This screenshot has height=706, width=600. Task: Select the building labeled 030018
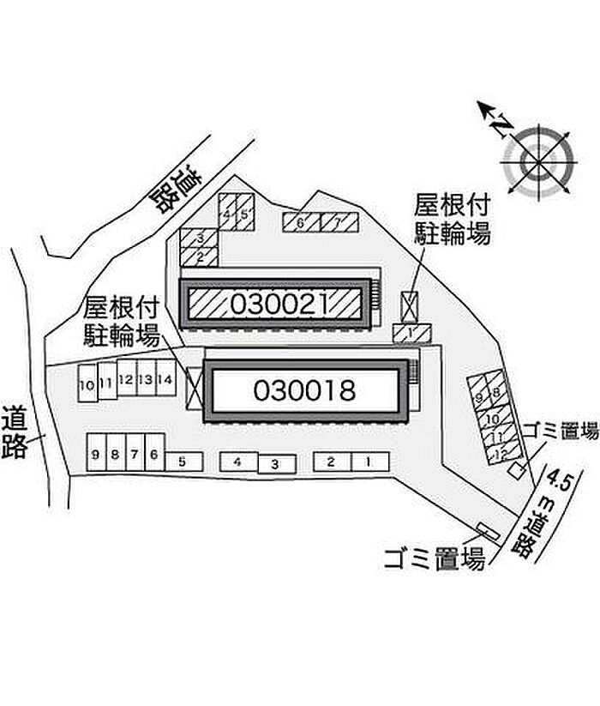coord(304,391)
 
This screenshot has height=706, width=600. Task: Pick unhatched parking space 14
coord(165,379)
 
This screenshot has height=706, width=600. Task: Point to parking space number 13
coord(146,379)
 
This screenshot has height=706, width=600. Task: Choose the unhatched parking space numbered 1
coord(368,462)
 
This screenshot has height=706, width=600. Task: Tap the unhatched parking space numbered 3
coord(275,464)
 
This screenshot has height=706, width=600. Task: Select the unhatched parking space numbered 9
coord(96,453)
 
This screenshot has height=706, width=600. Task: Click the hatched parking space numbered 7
coord(338,223)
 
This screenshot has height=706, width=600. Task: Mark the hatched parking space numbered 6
coord(301,223)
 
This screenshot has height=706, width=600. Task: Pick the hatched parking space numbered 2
coord(200,256)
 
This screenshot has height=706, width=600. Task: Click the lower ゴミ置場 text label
coord(434,558)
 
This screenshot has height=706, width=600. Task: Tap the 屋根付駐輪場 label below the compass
coord(453,219)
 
